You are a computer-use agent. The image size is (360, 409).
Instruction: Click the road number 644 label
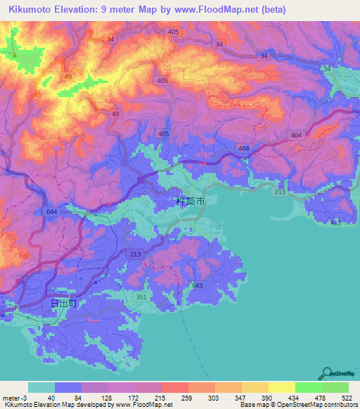(51, 211)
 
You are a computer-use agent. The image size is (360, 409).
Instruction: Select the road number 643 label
(197, 285)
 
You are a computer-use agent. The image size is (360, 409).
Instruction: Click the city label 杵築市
(191, 201)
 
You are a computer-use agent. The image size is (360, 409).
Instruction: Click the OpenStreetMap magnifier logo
(328, 374)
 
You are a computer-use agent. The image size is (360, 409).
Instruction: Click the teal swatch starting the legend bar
(41, 387)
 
